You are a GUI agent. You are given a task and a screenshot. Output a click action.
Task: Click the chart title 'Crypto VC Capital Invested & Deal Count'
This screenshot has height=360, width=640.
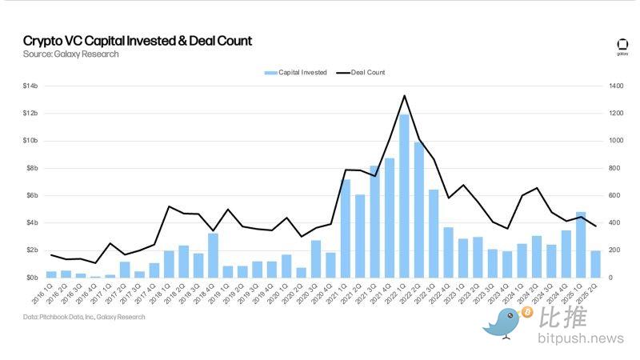click(137, 40)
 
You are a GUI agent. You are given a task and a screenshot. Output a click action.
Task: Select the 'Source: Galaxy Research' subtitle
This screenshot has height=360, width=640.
click(71, 54)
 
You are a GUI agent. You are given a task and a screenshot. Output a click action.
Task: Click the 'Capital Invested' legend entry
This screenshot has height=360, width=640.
click(296, 73)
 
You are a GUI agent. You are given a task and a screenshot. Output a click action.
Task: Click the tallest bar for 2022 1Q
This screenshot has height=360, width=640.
click(405, 196)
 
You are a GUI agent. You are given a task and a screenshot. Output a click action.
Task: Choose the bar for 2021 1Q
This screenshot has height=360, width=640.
click(346, 228)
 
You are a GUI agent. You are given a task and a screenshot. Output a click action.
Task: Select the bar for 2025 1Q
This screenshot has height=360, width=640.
click(581, 245)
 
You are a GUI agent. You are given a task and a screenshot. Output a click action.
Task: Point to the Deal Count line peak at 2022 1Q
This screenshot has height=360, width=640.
click(405, 96)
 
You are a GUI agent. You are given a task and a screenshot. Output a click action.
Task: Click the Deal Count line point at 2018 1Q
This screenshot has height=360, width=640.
click(169, 206)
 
